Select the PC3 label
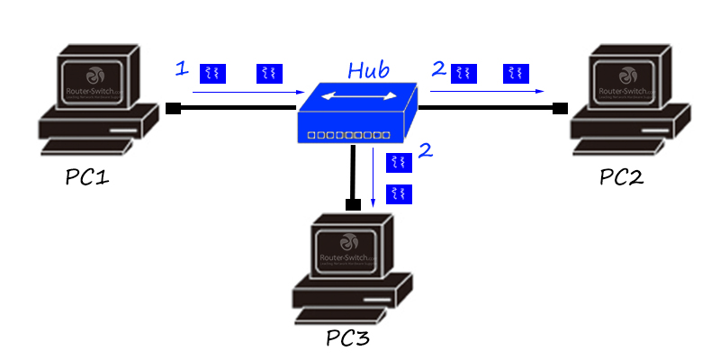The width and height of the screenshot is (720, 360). click(347, 339)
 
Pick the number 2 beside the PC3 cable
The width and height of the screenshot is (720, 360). click(426, 150)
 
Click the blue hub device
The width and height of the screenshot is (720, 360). click(358, 112)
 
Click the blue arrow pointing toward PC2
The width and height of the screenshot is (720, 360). click(487, 91)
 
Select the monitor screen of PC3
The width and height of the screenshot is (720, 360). click(346, 247)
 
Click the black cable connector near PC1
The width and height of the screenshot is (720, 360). click(174, 109)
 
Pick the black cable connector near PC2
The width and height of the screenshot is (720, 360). click(560, 109)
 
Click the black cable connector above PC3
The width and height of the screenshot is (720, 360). click(354, 204)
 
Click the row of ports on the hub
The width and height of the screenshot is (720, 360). click(349, 135)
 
